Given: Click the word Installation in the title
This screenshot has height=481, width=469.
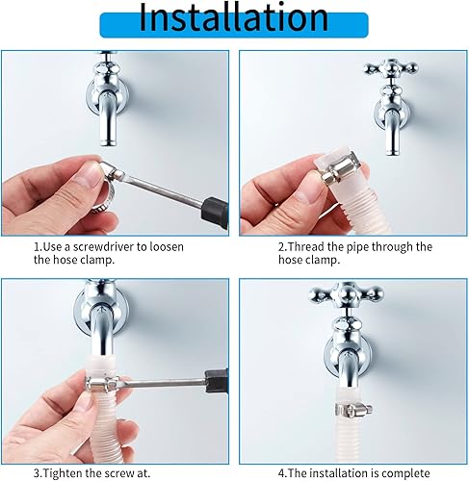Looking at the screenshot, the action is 233,18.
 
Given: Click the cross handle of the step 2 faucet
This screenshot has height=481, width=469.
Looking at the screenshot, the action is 391,69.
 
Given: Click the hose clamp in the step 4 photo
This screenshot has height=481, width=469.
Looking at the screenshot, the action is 353,409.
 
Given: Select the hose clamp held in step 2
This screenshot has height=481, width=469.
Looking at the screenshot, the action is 342,172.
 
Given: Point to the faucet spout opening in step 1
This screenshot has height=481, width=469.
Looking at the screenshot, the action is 108,142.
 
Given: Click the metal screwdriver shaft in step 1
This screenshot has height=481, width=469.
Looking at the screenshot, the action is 165,190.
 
